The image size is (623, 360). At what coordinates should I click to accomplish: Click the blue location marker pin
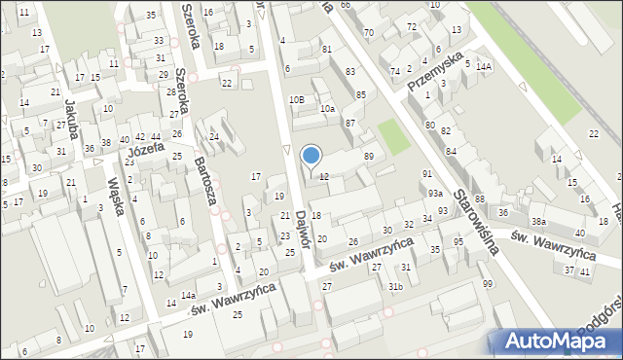point(311,156)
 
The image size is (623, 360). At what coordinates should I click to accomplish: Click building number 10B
point(296,99)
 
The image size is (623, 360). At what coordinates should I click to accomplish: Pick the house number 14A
point(484,66)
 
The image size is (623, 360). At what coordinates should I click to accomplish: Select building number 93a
point(434,194)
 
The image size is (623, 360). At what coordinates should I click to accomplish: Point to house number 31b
point(394,286)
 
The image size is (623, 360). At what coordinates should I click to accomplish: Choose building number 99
point(487,283)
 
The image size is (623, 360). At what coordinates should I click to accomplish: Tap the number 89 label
point(369,157)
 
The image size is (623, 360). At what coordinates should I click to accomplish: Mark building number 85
point(361,94)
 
